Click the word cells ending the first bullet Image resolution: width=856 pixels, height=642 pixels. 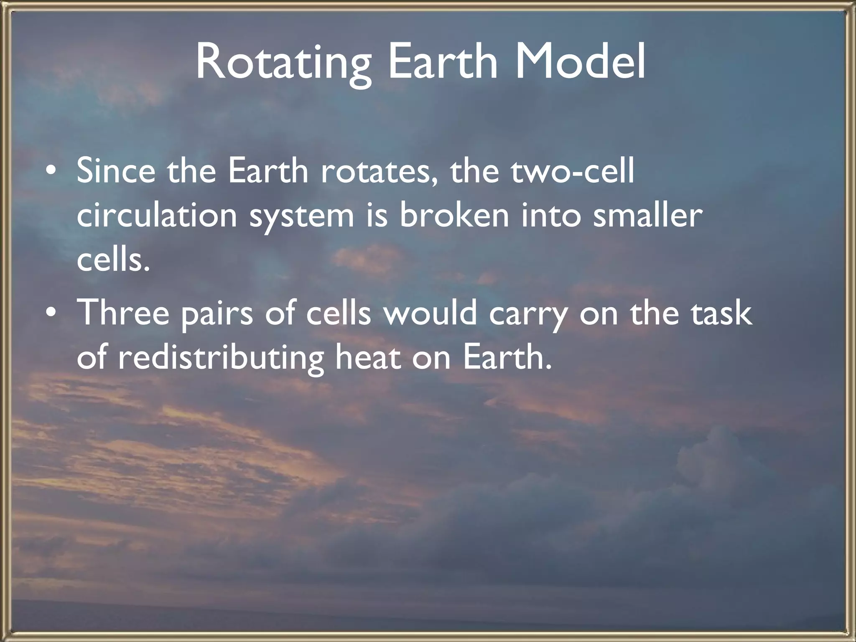pos(113,260)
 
